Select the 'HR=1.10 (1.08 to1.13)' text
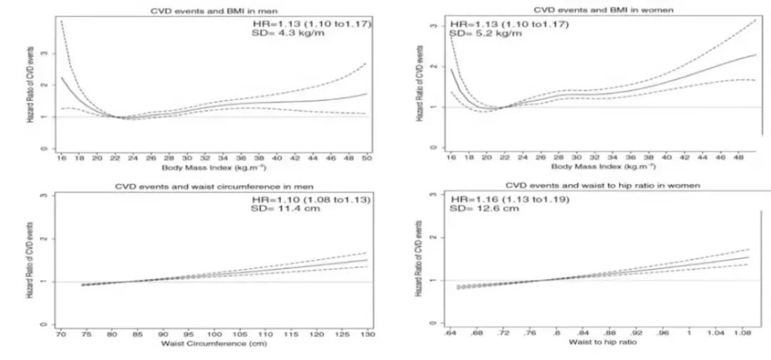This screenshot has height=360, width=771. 315,199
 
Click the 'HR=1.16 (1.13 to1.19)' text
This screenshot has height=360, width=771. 506,198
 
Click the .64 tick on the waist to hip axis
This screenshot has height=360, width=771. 452,333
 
